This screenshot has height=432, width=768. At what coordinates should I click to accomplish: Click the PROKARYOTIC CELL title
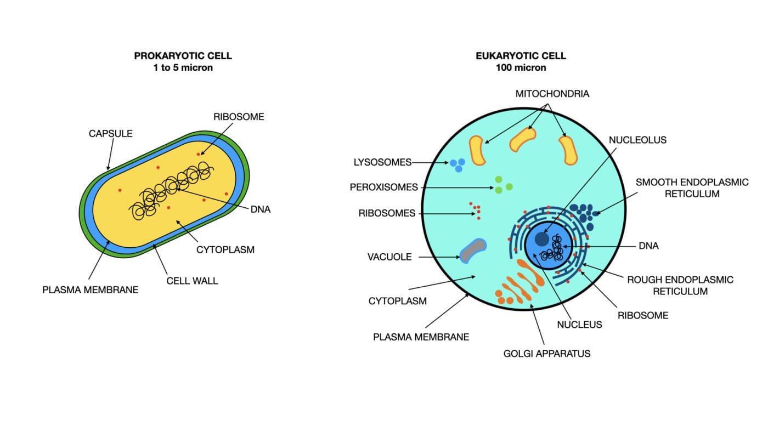[x=183, y=56]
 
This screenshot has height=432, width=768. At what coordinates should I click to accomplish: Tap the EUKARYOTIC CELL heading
[x=521, y=56]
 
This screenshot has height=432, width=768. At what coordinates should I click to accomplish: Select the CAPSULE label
[x=110, y=134]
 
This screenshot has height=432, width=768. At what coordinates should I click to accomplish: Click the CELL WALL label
[x=192, y=281]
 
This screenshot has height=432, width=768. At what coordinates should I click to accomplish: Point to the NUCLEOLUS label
[x=637, y=140]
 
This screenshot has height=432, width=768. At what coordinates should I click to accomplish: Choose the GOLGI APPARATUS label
[x=546, y=354]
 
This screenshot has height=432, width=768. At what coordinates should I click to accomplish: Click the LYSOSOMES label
[x=382, y=162]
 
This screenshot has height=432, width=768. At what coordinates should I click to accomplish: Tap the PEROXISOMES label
[x=383, y=187]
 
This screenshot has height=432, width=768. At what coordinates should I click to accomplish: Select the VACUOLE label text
[x=389, y=257]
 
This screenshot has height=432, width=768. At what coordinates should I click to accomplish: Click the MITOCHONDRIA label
[x=552, y=94]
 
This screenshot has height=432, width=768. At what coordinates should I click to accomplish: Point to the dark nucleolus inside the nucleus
[x=542, y=239]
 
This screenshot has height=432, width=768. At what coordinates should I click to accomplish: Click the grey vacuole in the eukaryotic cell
[x=473, y=251]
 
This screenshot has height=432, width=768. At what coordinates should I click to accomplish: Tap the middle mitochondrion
[x=522, y=139]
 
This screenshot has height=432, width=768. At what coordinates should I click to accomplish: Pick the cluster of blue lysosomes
[x=458, y=165]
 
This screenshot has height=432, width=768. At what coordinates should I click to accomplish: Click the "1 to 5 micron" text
[x=183, y=67]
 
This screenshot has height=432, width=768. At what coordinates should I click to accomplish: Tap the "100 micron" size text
[x=521, y=67]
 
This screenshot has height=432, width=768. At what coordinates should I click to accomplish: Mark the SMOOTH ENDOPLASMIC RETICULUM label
[x=692, y=188]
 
